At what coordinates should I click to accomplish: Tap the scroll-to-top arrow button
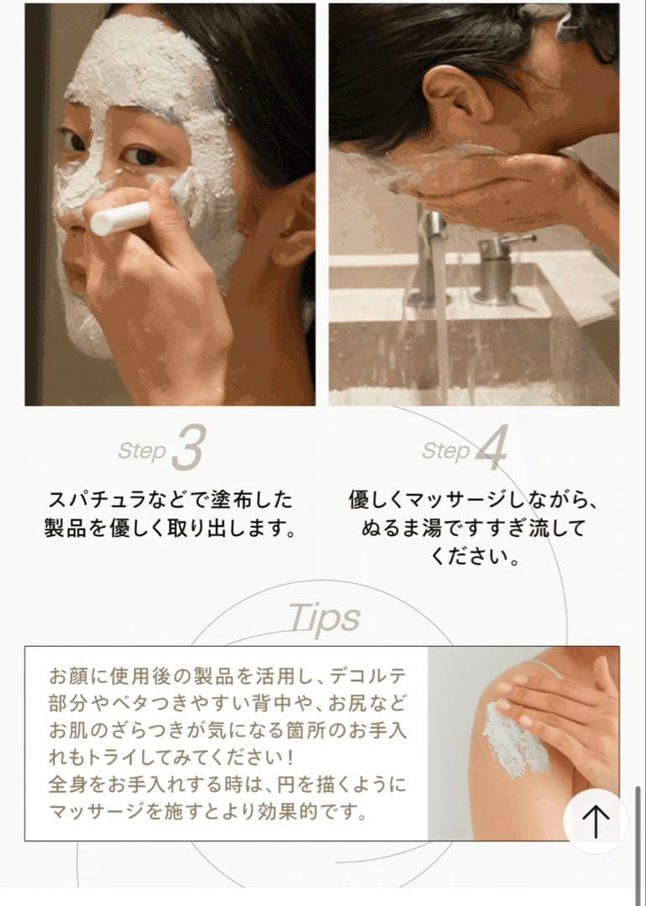595,820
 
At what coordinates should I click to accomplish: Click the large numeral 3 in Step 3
189,447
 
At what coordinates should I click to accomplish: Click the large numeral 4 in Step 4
491,447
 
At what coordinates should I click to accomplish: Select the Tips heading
324,618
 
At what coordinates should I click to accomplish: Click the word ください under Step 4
466,556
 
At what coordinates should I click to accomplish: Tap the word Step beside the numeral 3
142,451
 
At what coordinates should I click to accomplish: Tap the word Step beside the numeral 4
445,451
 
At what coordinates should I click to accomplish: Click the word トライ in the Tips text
103,757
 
